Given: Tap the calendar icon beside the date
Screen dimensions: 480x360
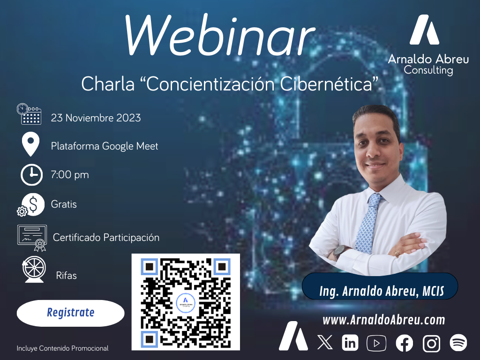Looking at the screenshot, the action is (x=29, y=114).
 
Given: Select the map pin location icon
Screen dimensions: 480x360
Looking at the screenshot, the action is (x=30, y=144).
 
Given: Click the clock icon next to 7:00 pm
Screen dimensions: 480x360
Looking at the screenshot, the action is (x=31, y=175).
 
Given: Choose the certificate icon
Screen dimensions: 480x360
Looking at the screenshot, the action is (x=32, y=238).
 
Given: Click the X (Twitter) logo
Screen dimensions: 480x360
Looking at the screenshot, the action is (x=325, y=343).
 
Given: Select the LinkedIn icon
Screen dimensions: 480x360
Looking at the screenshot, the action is (x=350, y=343).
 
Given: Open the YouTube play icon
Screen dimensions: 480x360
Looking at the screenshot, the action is (x=376, y=343).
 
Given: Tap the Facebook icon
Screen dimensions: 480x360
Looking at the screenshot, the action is (x=404, y=343).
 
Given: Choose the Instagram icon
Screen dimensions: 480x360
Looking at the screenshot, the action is (x=431, y=343).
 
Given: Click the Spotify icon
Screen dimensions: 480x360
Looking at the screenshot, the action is (x=458, y=343).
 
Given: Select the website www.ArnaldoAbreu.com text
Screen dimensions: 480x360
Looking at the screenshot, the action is (x=384, y=320).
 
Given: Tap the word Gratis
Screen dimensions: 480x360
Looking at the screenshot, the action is (x=64, y=204).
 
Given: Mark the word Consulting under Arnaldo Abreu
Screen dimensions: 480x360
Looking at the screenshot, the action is (x=428, y=70).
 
